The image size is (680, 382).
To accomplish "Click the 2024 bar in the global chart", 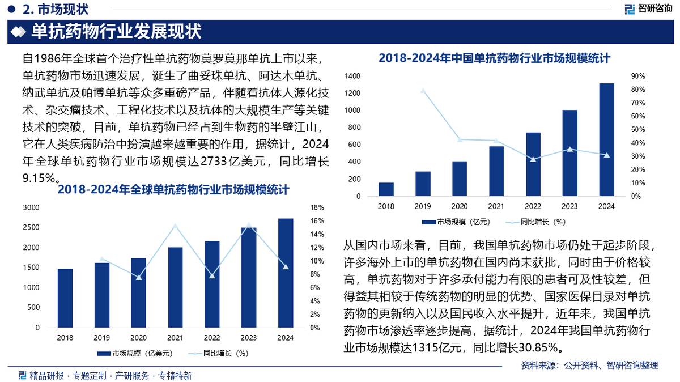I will coord(286,273).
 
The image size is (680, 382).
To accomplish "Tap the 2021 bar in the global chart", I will coord(175,287).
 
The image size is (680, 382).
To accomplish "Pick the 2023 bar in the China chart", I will coord(569,153).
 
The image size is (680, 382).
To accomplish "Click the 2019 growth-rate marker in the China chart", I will coord(423,91).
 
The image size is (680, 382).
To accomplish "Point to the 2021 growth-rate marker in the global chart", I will coord(175,226).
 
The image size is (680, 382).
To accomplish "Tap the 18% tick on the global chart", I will coord(317,208).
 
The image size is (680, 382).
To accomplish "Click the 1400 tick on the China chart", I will coord(352,76).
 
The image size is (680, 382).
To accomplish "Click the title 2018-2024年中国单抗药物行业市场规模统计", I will coord(494,58).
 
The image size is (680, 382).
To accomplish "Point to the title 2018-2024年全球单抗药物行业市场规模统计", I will coord(173,190).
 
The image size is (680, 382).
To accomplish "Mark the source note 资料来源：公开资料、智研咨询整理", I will coord(589,366).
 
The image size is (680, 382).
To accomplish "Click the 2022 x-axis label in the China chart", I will coord(533,206).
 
